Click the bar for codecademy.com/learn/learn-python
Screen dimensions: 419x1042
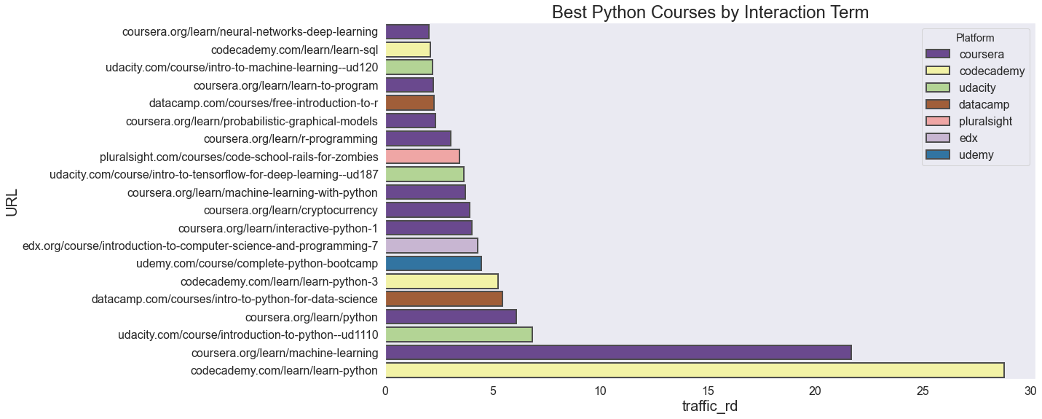[x=694, y=370]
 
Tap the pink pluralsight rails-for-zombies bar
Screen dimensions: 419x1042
[x=422, y=157]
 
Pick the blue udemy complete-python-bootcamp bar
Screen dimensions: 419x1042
[x=433, y=264]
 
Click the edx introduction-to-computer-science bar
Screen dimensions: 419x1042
[x=431, y=246]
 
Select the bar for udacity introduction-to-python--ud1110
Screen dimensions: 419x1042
[x=459, y=334]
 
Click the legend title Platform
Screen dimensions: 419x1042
[x=974, y=38]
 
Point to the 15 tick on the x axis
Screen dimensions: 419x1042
[x=708, y=391]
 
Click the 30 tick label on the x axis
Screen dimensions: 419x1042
[x=1030, y=391]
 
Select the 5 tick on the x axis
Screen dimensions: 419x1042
[x=493, y=391]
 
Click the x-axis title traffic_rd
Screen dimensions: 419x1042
[x=709, y=407]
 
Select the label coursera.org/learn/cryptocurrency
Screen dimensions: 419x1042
[x=291, y=211]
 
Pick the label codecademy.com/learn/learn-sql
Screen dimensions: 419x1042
[x=294, y=50]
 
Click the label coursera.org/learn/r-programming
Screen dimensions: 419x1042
[x=291, y=139]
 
